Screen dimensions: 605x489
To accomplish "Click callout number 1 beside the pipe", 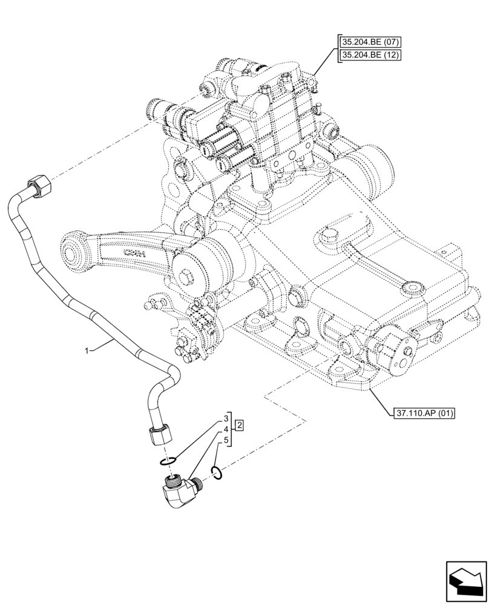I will [88, 350].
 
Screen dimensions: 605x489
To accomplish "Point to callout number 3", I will [226, 418].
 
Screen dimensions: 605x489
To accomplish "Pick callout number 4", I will [226, 429].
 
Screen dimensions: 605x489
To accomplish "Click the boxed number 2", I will [240, 425].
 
